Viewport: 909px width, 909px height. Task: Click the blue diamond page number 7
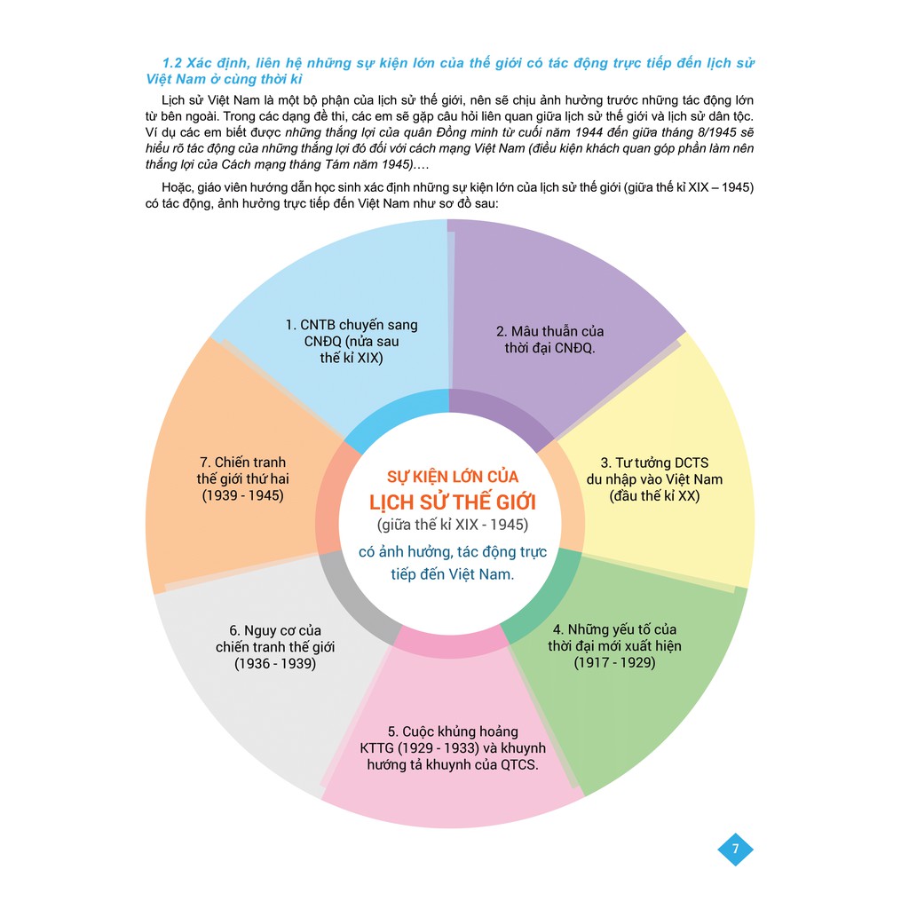(735, 850)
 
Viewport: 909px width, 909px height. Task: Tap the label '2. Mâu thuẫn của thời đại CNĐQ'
(549, 340)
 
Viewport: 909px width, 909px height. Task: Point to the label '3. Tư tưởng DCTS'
(654, 462)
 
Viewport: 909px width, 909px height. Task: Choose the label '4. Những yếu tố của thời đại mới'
(614, 637)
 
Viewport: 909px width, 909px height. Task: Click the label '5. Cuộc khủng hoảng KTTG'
(452, 739)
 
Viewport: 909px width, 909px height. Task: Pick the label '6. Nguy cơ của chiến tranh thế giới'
(275, 639)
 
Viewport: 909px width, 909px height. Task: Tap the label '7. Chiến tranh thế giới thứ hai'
(242, 470)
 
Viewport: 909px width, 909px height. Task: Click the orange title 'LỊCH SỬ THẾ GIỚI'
(453, 502)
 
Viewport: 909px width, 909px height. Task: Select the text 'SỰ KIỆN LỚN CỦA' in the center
(453, 477)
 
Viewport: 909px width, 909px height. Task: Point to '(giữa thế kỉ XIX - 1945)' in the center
(453, 525)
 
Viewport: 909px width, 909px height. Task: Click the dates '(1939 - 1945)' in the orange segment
(243, 495)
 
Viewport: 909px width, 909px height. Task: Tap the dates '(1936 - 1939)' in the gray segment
(275, 663)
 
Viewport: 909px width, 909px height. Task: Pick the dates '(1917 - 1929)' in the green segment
(614, 662)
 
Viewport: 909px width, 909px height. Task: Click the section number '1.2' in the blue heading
(171, 63)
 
